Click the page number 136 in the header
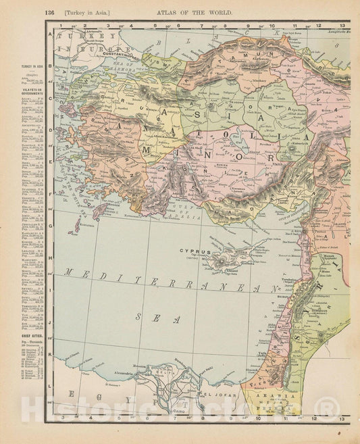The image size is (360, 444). [x=49, y=12]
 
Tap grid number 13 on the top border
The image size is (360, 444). [x=344, y=25]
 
